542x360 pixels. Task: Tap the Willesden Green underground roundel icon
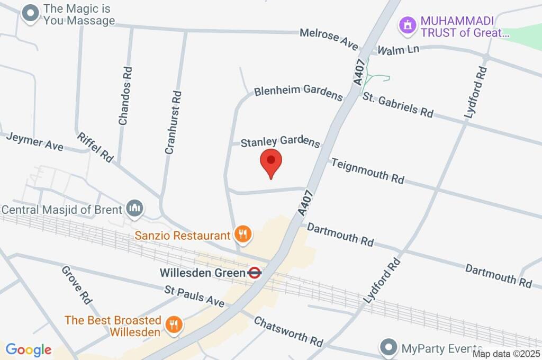[255, 273]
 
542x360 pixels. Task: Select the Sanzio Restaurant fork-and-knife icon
[243, 233]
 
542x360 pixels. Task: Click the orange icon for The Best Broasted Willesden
[173, 323]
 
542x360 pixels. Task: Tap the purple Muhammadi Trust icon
[407, 24]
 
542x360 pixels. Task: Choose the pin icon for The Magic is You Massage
[31, 14]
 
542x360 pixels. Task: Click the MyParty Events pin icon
[389, 347]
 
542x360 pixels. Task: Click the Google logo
[29, 349]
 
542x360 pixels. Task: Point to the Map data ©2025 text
[506, 354]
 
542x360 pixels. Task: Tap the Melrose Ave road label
[329, 39]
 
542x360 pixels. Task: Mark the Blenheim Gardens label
[299, 92]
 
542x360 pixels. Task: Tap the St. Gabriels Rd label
[398, 104]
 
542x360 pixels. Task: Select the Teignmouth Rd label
[367, 170]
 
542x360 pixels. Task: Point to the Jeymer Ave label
[34, 141]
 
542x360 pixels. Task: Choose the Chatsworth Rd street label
[288, 330]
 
